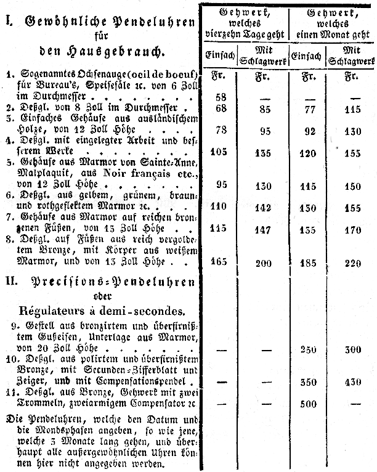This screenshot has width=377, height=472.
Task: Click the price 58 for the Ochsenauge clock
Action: coord(222,97)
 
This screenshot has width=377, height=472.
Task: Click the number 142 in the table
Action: coord(264,208)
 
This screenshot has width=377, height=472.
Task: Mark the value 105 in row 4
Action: coord(219,153)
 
